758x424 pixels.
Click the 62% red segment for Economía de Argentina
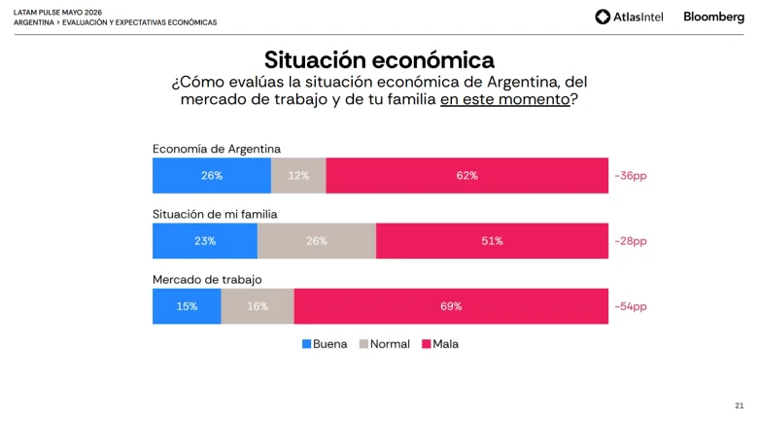467,175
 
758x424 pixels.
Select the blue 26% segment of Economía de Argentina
212,175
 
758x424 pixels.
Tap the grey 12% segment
298,175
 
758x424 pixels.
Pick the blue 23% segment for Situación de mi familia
205,240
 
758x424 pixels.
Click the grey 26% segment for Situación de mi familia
317,240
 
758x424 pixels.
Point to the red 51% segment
492,240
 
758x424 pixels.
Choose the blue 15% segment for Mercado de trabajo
187,306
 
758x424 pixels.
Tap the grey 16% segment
258,306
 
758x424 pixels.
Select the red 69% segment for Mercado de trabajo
451,306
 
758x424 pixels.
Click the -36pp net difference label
631,176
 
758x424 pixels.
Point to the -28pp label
631,241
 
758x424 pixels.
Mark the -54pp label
631,306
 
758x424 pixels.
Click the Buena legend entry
325,344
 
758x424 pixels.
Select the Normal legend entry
384,344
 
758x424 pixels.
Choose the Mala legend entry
440,344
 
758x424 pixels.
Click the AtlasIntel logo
629,17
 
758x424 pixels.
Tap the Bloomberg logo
713,17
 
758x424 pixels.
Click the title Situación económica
379,60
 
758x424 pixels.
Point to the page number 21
740,406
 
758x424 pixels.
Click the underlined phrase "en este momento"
504,99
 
